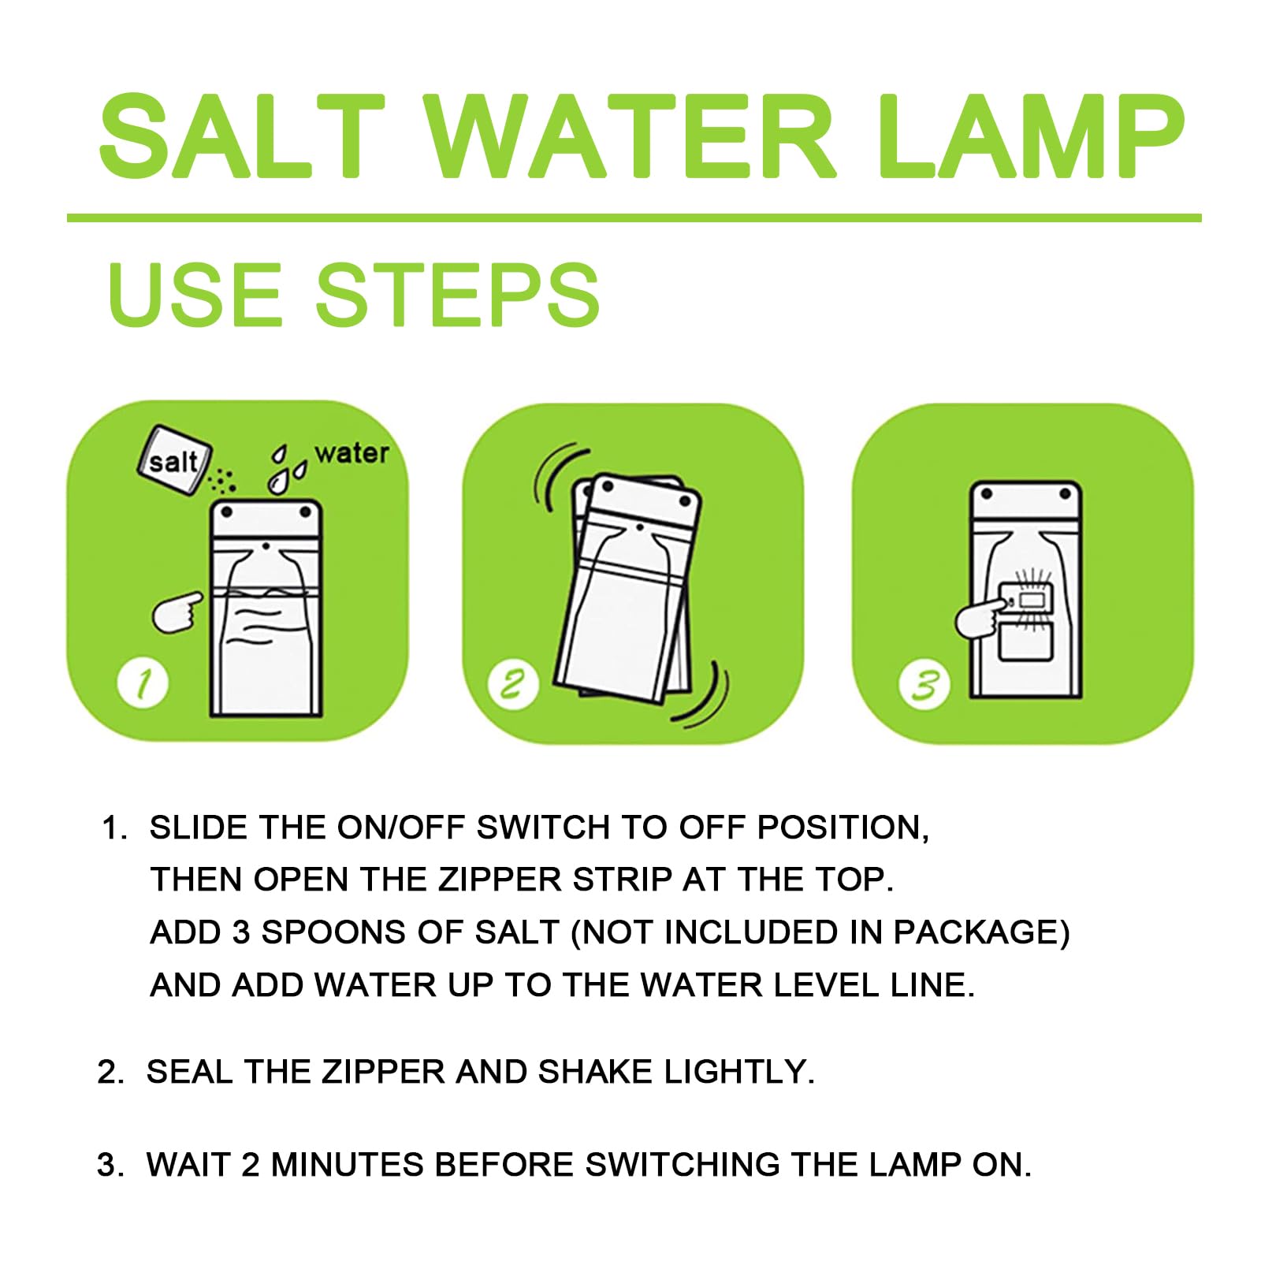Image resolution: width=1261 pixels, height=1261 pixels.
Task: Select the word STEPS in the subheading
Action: [x=458, y=295]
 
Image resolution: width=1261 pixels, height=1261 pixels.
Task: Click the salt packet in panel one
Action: [x=174, y=460]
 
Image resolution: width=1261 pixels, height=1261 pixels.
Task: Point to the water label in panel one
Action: [x=352, y=453]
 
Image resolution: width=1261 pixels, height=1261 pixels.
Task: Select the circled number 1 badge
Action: [x=143, y=683]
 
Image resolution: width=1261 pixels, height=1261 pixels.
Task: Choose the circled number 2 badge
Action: [x=513, y=684]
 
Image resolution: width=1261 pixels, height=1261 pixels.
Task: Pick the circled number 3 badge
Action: [x=924, y=684]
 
